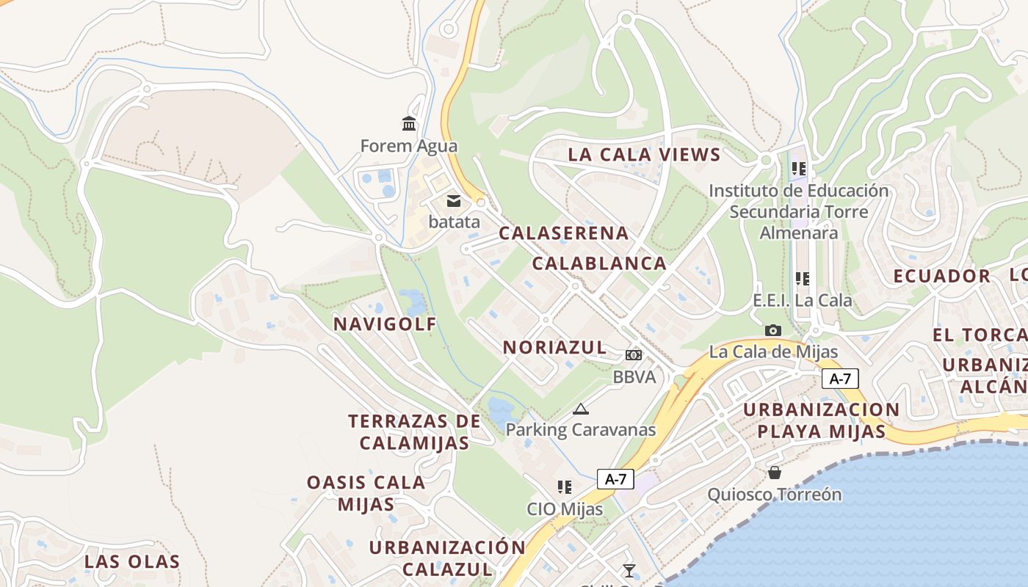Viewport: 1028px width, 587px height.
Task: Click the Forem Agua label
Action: click(408, 146)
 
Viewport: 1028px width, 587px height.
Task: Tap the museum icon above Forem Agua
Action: click(409, 123)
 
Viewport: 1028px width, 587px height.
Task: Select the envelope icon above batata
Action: click(454, 200)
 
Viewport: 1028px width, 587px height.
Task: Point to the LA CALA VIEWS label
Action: click(644, 155)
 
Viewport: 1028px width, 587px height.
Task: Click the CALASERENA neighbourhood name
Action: click(564, 233)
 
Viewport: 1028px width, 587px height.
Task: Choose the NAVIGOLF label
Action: click(385, 324)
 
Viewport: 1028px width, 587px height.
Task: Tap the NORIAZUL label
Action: click(554, 347)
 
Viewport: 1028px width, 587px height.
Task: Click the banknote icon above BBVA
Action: click(634, 355)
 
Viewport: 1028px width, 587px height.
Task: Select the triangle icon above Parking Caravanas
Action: click(581, 409)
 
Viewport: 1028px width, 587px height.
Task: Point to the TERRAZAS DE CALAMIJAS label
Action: click(414, 432)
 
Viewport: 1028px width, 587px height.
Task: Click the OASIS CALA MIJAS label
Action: click(366, 493)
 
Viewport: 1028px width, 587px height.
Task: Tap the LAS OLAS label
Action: click(132, 562)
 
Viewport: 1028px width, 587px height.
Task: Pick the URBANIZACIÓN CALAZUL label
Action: click(447, 558)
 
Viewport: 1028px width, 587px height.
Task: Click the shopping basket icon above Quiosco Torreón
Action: click(775, 472)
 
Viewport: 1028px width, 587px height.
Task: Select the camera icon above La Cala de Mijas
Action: click(772, 330)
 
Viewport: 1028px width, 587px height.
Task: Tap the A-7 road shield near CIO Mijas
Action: click(615, 479)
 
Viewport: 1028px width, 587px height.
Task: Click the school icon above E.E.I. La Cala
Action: click(803, 279)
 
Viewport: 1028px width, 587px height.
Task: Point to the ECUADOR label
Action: click(942, 277)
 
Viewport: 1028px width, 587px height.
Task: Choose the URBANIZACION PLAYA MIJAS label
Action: click(821, 420)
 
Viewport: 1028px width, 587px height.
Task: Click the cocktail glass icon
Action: click(629, 571)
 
